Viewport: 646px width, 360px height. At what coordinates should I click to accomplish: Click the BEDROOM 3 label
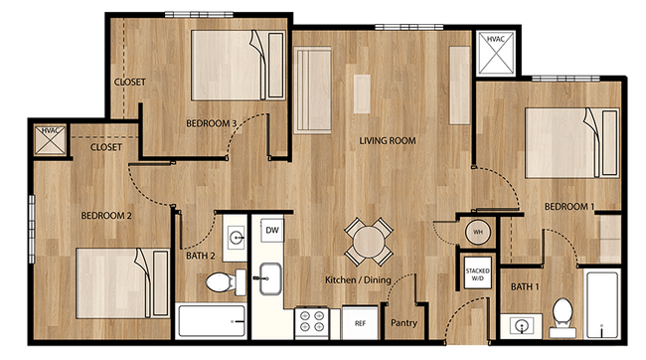(x=211, y=123)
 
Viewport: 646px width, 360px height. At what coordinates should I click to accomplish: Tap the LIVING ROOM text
(x=387, y=141)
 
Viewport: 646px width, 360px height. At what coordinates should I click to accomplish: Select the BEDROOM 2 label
(x=106, y=214)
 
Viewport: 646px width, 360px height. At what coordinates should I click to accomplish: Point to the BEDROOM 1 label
(x=569, y=206)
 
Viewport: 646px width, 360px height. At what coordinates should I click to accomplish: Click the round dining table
(x=367, y=240)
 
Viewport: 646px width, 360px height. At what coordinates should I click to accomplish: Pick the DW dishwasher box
(x=270, y=230)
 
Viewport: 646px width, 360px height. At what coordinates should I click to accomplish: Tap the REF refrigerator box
(x=359, y=322)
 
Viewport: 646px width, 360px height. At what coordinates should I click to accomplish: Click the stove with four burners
(x=313, y=321)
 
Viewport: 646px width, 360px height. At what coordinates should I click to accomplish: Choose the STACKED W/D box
(x=477, y=270)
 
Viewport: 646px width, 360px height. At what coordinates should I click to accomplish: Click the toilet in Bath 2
(x=221, y=284)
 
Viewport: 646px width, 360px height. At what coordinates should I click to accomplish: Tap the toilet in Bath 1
(x=563, y=312)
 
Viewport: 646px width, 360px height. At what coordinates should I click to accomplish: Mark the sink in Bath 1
(x=519, y=323)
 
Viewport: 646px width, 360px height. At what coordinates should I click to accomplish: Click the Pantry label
(x=404, y=322)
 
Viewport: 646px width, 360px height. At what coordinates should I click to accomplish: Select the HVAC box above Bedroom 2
(x=49, y=141)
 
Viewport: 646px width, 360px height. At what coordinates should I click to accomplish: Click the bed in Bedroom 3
(x=230, y=65)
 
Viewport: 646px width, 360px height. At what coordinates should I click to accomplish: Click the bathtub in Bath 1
(x=602, y=304)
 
